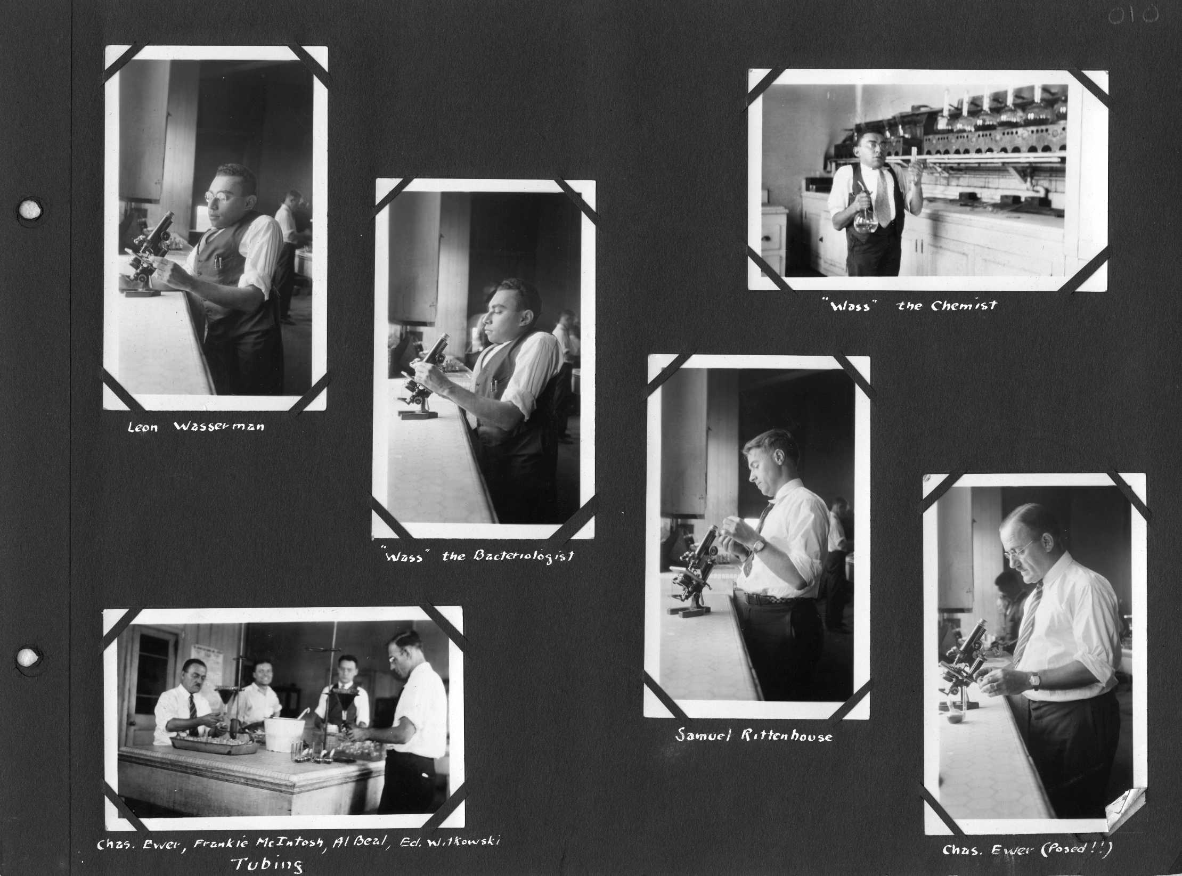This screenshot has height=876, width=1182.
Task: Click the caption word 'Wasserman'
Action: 218,427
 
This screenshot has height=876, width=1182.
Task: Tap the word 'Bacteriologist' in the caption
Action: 524,557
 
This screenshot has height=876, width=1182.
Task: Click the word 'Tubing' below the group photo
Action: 268,864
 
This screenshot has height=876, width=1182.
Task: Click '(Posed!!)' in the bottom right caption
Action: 1077,849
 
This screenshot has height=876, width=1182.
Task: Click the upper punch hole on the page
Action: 30,209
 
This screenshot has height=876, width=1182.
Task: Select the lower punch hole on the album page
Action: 28,658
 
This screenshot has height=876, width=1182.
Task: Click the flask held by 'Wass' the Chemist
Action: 865,221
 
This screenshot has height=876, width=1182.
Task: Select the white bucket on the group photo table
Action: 284,733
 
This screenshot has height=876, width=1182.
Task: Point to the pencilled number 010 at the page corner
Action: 1134,16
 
